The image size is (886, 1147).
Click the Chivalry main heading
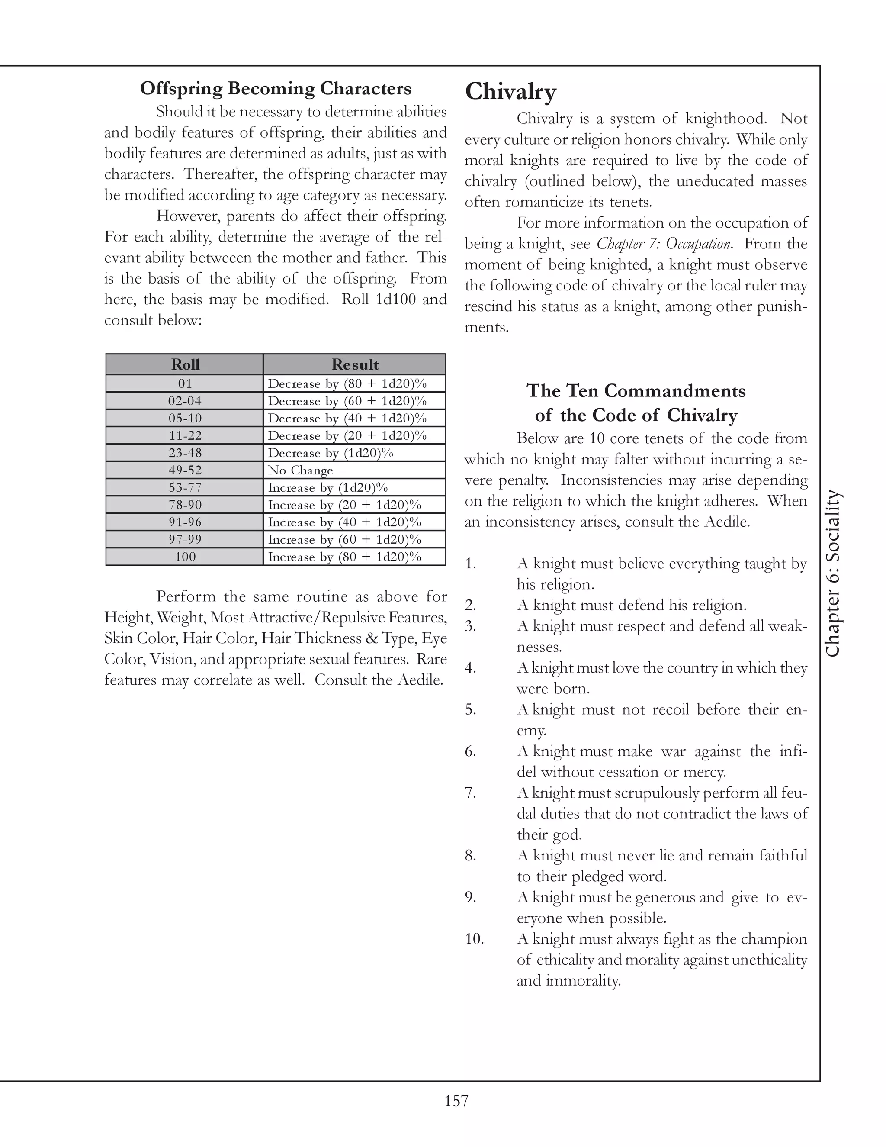(x=510, y=91)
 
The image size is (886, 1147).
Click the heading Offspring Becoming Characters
(x=276, y=88)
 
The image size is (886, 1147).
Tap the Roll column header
(x=185, y=364)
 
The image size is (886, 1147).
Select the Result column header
(x=355, y=364)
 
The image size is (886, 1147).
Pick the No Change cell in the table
(x=300, y=470)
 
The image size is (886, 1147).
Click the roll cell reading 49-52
(x=185, y=470)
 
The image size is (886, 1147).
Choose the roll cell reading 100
(x=185, y=557)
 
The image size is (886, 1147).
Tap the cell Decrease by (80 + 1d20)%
(x=347, y=383)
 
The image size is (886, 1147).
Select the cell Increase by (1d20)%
(x=327, y=487)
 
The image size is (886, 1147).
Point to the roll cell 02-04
(x=185, y=401)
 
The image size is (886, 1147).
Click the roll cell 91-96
(x=185, y=522)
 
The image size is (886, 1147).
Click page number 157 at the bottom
(x=456, y=1099)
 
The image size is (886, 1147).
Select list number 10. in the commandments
(x=474, y=938)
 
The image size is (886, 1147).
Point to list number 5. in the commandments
(x=470, y=709)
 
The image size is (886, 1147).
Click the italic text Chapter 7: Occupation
(x=664, y=244)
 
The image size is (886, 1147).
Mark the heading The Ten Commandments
(x=636, y=391)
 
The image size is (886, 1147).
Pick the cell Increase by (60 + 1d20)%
(x=344, y=539)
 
